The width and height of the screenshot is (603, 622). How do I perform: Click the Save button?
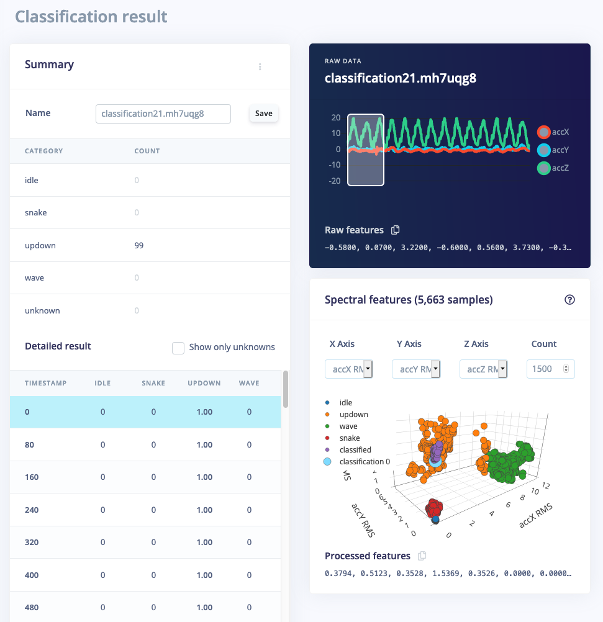(x=264, y=114)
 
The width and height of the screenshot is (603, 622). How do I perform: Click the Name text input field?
(x=163, y=114)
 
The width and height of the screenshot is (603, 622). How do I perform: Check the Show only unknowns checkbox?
(x=178, y=348)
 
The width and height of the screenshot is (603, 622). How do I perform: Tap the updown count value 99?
(x=139, y=245)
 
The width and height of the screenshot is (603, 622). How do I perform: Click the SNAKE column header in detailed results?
(x=153, y=383)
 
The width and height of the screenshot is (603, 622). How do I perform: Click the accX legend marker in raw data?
(x=544, y=132)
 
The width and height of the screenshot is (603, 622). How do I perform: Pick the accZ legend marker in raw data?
(x=544, y=168)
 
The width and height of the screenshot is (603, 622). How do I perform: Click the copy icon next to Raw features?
(x=396, y=230)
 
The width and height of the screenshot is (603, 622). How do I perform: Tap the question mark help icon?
(x=569, y=300)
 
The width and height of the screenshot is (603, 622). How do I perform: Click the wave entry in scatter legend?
(x=348, y=426)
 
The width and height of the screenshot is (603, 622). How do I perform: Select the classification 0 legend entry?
(x=365, y=462)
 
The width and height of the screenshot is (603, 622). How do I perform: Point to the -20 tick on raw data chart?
(x=335, y=181)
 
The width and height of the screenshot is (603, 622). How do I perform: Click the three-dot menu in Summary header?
(x=260, y=67)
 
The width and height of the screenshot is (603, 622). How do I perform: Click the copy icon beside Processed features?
(x=422, y=556)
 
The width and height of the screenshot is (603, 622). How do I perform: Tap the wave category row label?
(x=35, y=277)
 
